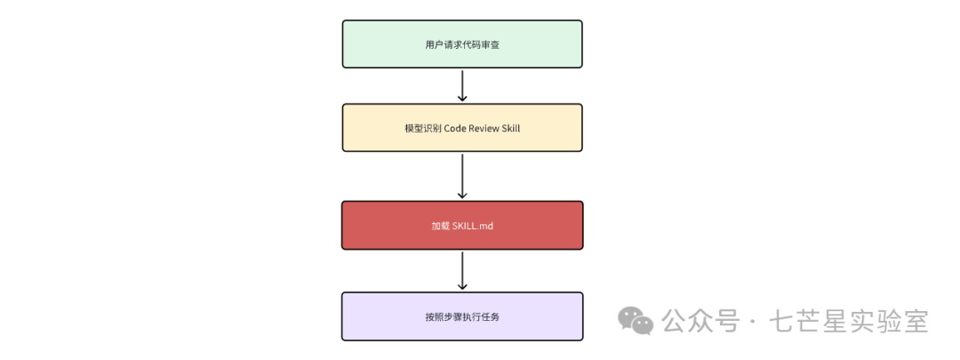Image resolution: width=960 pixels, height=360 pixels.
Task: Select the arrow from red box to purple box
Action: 462,270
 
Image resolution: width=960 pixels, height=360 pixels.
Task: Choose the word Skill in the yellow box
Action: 511,128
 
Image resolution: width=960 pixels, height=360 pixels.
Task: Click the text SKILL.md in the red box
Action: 473,226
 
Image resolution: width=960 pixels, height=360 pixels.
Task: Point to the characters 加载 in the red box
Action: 440,226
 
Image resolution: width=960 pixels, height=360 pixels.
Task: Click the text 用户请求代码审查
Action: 462,44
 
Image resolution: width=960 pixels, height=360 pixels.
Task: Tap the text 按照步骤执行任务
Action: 462,316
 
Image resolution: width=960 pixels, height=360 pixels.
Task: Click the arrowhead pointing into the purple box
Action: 462,285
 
